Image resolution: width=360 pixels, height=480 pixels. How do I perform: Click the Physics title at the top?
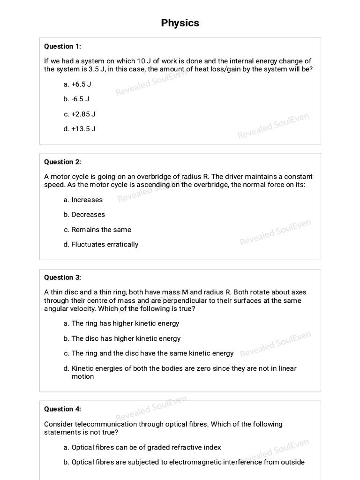[180, 23]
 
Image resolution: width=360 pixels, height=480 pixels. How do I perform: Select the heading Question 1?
[62, 46]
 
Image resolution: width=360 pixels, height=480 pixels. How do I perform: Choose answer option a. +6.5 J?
[77, 84]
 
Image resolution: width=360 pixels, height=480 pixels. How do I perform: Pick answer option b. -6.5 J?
[76, 99]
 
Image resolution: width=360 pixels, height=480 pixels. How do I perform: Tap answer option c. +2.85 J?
[79, 114]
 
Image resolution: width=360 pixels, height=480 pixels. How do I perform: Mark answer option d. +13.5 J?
[79, 129]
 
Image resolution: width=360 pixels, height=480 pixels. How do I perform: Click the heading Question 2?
[62, 162]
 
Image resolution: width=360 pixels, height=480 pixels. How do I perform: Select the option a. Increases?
[83, 200]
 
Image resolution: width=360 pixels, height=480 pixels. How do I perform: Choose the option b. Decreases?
[84, 215]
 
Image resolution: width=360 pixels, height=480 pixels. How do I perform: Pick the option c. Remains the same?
[97, 230]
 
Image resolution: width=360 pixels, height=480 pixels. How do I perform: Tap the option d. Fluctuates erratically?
[101, 244]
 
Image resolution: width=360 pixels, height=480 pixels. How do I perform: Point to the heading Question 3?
[62, 277]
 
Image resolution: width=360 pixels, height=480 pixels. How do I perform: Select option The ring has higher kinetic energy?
[121, 323]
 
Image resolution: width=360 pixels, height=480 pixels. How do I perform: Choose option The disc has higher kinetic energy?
[122, 338]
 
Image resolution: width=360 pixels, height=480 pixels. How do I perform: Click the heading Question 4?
[62, 409]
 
